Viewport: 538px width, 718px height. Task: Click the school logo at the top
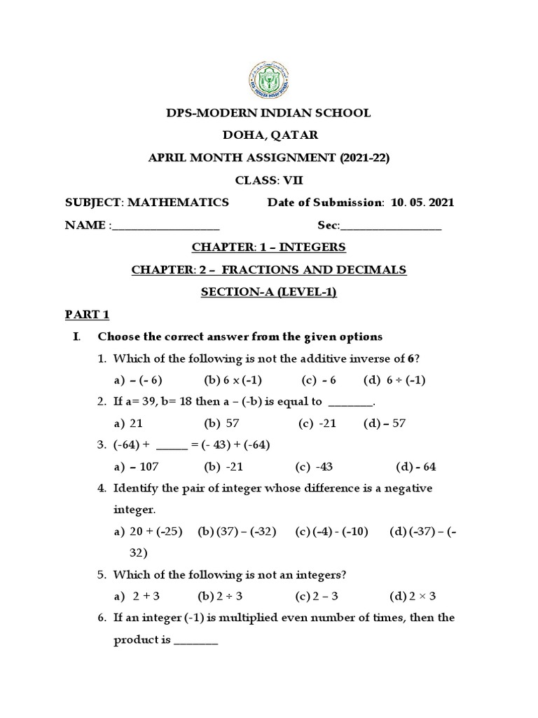[268, 79]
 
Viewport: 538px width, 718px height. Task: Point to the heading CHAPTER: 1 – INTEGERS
[268, 248]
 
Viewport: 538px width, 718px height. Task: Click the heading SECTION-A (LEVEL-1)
[268, 292]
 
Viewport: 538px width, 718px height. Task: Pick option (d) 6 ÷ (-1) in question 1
[395, 380]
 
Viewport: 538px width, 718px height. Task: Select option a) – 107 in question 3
[138, 467]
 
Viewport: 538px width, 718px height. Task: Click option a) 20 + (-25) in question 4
[148, 531]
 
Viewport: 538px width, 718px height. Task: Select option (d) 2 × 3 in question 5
[413, 596]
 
